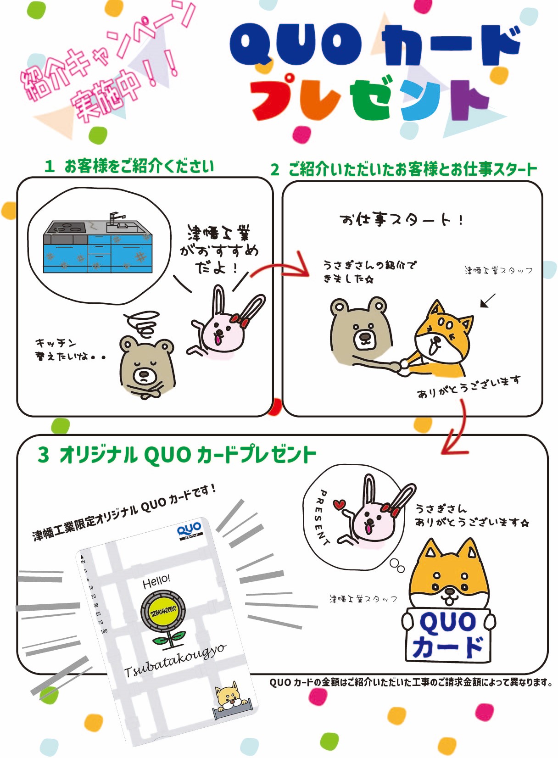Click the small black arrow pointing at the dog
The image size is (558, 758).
pos(488,301)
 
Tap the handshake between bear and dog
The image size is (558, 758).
pos(403,366)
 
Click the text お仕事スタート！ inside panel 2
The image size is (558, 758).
pos(402,220)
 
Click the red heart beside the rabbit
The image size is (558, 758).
pos(339,505)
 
